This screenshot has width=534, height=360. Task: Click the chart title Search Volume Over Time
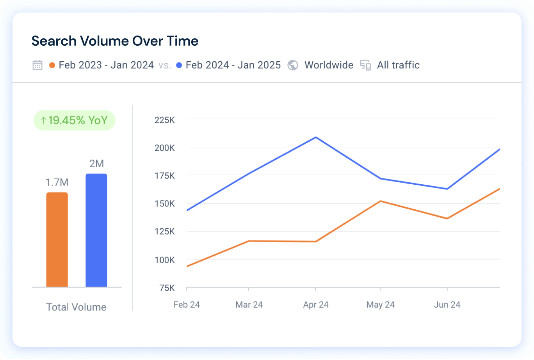pyautogui.click(x=115, y=41)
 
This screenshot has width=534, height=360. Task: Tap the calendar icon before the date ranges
pyautogui.click(x=37, y=65)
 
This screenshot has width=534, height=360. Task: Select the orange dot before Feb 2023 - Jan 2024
pyautogui.click(x=52, y=65)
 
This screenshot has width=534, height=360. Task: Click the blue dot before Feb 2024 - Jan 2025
pyautogui.click(x=179, y=65)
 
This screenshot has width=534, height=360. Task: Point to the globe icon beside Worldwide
pyautogui.click(x=293, y=65)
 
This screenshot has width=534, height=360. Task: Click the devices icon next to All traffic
pyautogui.click(x=365, y=65)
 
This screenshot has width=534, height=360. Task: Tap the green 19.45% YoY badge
pyautogui.click(x=74, y=120)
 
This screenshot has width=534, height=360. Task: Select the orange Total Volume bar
pyautogui.click(x=57, y=240)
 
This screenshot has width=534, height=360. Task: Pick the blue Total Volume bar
pyautogui.click(x=96, y=230)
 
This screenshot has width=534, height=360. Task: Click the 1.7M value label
pyautogui.click(x=57, y=182)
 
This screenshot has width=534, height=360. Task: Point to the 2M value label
pyautogui.click(x=96, y=164)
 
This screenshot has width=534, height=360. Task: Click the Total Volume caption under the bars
pyautogui.click(x=76, y=307)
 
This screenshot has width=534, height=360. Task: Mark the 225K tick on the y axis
pyautogui.click(x=165, y=120)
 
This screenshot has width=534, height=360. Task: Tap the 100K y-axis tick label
pyautogui.click(x=165, y=260)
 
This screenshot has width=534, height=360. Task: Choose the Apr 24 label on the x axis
pyautogui.click(x=316, y=305)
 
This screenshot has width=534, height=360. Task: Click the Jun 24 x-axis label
pyautogui.click(x=447, y=305)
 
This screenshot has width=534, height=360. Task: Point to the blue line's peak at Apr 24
pyautogui.click(x=315, y=137)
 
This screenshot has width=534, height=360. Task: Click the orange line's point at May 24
pyautogui.click(x=381, y=201)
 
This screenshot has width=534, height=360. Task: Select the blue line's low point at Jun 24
pyautogui.click(x=447, y=189)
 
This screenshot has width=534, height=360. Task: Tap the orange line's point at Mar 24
pyautogui.click(x=249, y=241)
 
